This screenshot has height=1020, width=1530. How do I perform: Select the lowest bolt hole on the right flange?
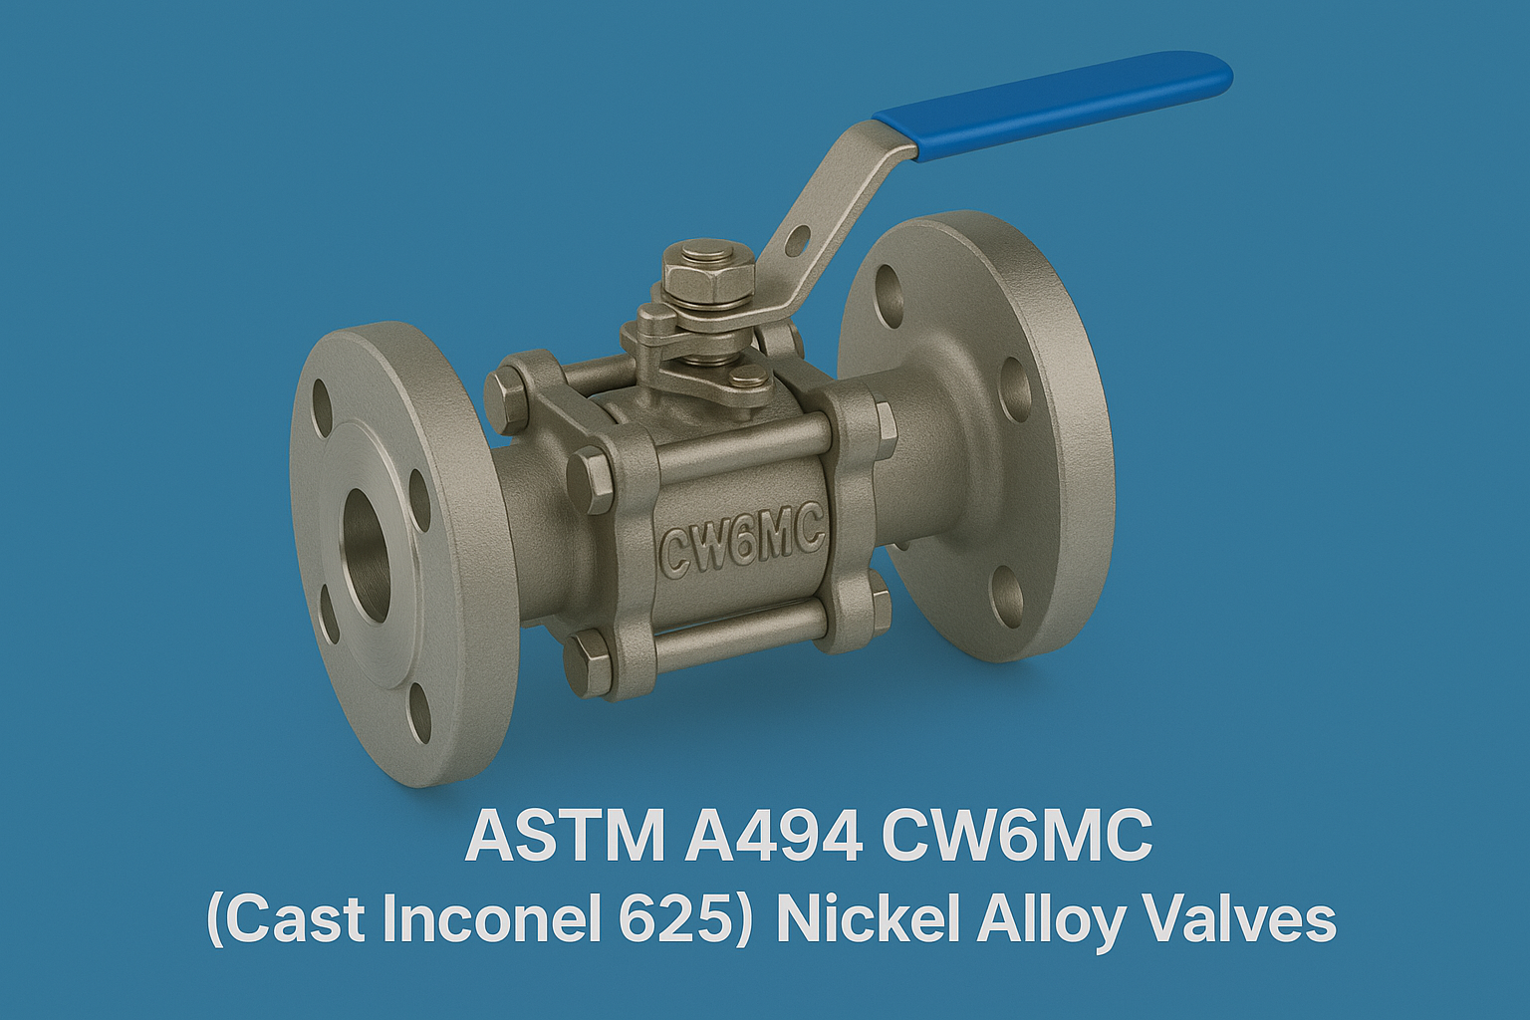tap(1007, 596)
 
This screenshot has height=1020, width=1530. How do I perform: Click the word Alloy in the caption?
tap(1056, 918)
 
